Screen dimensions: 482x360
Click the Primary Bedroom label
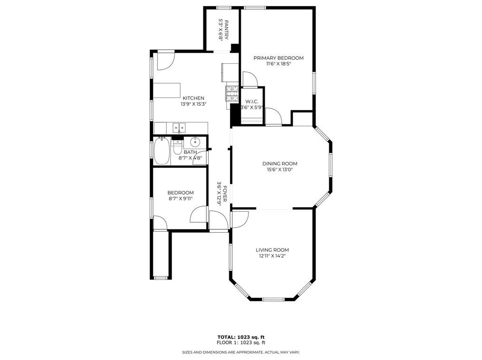coord(278,58)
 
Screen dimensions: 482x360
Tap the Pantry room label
coord(227,30)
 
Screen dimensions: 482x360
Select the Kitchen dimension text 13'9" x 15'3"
coord(193,104)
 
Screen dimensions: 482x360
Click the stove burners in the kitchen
coord(232,94)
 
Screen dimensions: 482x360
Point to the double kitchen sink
coord(179,127)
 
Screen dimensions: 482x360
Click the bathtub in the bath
coord(162,151)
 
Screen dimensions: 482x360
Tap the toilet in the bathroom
coord(178,148)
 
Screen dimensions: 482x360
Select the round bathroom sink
coord(194,142)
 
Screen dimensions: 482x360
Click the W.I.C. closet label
coord(252,102)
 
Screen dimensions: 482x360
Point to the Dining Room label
coord(280,164)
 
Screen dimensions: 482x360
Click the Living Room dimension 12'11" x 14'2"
coord(272,256)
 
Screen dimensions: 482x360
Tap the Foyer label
coord(225,193)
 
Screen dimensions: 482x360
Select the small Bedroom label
coord(181,193)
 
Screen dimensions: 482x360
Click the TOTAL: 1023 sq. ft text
coord(241,337)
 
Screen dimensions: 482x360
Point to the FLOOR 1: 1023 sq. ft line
coord(241,343)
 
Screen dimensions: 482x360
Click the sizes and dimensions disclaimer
coord(241,352)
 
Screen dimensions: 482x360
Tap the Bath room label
coord(190,152)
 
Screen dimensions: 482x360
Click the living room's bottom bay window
coord(272,299)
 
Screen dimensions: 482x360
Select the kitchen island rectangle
coord(167,90)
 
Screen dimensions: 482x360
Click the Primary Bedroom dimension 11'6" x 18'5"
coord(278,64)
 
